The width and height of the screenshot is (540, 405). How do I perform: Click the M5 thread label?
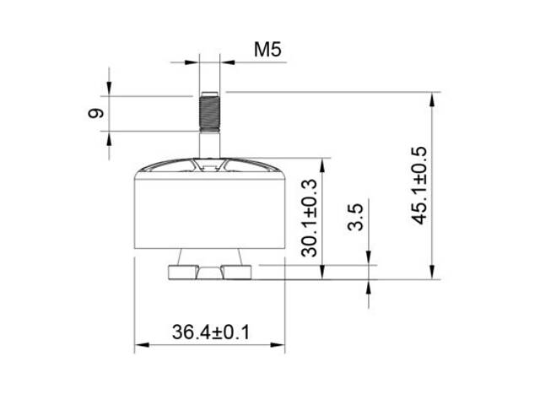[x=267, y=50]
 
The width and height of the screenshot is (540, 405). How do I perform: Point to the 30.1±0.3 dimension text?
[x=309, y=217]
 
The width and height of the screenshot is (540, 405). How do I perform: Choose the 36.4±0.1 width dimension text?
[x=210, y=332]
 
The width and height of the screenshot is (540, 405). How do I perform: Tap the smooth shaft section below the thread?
[x=209, y=145]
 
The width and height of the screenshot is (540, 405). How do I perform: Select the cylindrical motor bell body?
[x=209, y=211]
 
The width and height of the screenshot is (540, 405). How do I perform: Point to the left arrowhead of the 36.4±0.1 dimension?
[x=141, y=344]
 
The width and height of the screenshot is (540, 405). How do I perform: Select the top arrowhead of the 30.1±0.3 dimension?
[x=323, y=165]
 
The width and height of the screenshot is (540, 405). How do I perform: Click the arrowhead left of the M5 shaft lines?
[x=193, y=61]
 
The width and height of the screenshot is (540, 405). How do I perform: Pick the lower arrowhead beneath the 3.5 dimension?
[x=370, y=285]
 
